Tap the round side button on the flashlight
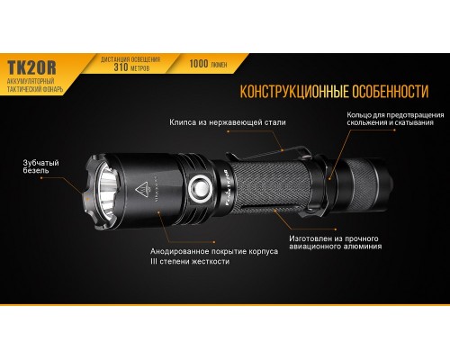(199, 190)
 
